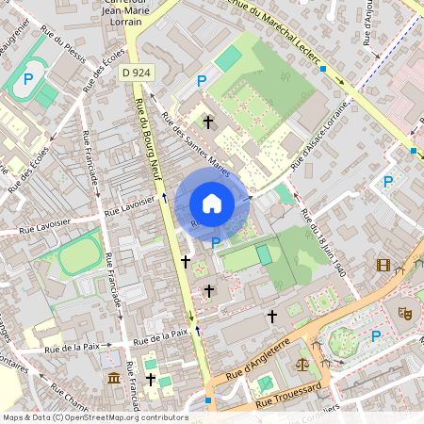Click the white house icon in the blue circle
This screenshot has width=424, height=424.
click(212, 204)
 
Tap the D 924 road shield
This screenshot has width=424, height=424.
click(138, 72)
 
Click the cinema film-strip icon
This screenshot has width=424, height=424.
click(383, 266)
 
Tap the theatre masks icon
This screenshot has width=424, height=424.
click(406, 312)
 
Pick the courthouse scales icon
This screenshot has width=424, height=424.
click(302, 362)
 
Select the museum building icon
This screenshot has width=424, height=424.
click(114, 378)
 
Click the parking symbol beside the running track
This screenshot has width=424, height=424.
click(29, 80)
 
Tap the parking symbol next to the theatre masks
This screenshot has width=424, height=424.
click(377, 335)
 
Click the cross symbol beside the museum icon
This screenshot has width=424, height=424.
click(150, 378)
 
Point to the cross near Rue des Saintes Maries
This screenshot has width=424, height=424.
click(208, 121)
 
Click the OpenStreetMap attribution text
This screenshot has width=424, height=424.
click(95, 416)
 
